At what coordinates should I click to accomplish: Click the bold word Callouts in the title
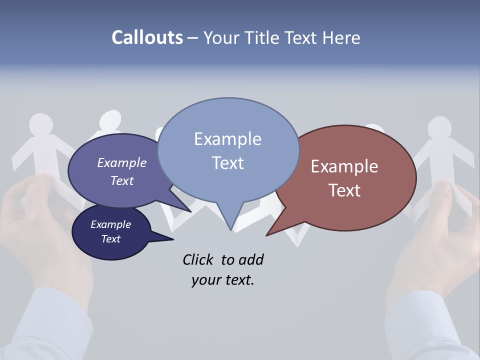147,37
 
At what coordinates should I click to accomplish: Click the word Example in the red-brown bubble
344,166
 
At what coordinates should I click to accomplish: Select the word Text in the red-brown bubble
344,190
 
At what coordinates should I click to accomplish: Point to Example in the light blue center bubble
227,139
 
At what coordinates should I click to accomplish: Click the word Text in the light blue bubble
227,163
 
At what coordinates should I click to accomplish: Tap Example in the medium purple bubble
122,162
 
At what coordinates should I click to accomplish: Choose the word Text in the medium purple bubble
122,180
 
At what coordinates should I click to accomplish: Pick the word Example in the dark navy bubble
110,224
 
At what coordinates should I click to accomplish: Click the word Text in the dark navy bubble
110,239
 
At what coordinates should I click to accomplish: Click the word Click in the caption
198,259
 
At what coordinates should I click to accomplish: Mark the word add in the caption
251,259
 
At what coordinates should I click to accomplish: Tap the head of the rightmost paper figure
439,127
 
